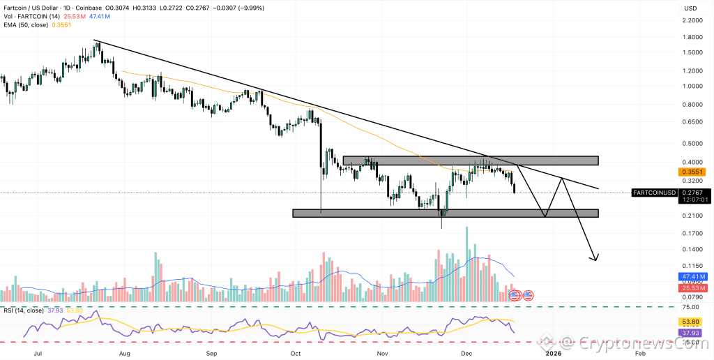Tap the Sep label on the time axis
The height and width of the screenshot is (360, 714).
[x=211, y=354]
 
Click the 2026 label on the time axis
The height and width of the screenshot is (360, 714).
[x=553, y=354]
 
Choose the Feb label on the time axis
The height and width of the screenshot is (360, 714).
[x=639, y=354]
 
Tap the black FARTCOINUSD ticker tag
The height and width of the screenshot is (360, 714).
[x=653, y=192]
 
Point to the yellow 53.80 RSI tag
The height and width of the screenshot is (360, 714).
[x=690, y=322]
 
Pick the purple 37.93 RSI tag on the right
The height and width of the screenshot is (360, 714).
[x=690, y=333]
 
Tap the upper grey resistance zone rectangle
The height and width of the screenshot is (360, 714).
[x=471, y=160]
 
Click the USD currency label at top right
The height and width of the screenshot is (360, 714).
[x=690, y=8]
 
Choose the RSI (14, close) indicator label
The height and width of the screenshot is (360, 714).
[x=22, y=310]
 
